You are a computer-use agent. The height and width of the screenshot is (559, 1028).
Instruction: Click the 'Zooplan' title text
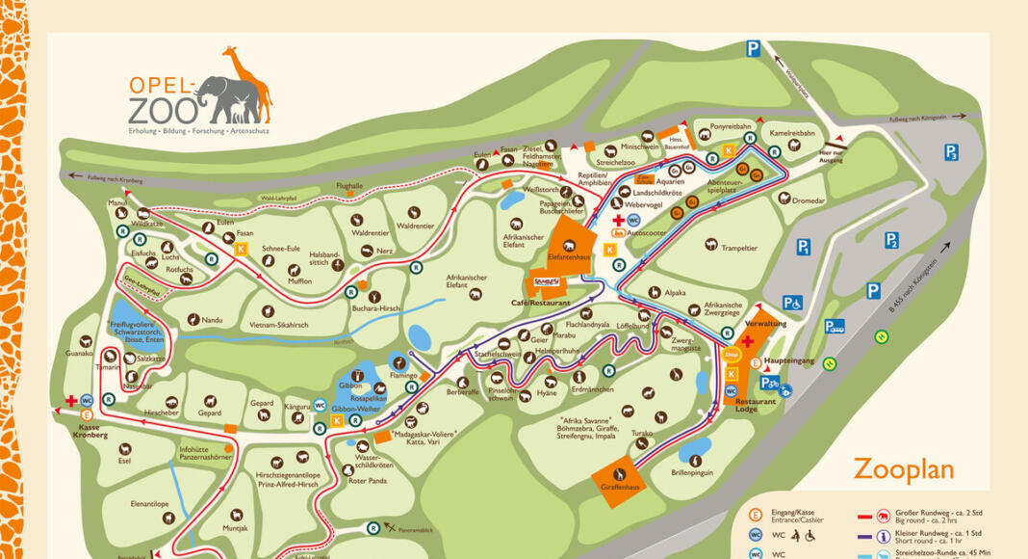pyautogui.click(x=903, y=468)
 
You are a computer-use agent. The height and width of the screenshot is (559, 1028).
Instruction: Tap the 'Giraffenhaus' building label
pyautogui.click(x=617, y=488)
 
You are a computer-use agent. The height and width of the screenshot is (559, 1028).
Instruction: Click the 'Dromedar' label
pyautogui.click(x=807, y=200)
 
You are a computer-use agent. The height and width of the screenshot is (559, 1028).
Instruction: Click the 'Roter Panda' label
pyautogui.click(x=367, y=481)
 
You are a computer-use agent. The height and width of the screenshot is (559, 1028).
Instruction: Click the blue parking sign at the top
pyautogui.click(x=754, y=48)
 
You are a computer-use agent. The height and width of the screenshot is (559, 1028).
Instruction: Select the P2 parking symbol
pyautogui.click(x=891, y=240)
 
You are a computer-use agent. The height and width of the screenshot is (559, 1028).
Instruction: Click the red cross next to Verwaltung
pyautogui.click(x=746, y=341)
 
